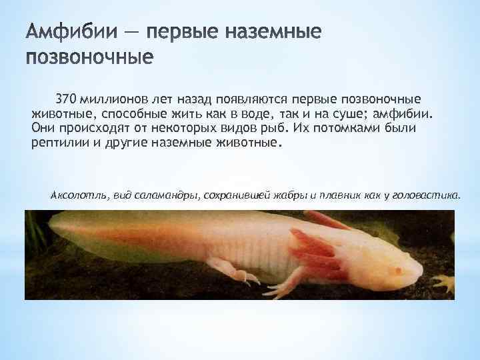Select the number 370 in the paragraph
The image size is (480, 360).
click(66, 99)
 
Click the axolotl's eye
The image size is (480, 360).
click(398, 270)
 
